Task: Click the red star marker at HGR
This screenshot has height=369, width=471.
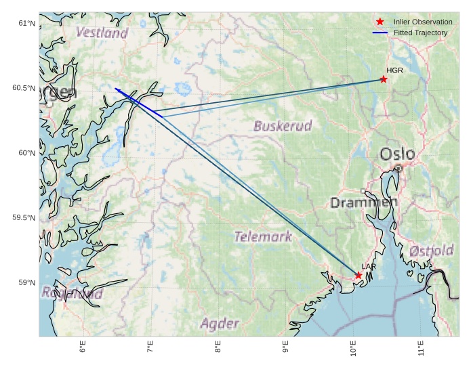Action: [x=384, y=79]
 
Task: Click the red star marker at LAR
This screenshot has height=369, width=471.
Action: [x=358, y=275]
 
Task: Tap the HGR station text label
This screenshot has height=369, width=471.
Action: [x=394, y=70]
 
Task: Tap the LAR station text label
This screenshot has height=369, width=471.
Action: [x=369, y=267]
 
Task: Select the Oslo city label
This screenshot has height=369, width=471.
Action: [x=397, y=154]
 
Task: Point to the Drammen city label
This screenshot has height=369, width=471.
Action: [x=364, y=202]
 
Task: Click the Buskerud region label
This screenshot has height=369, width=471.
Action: [x=283, y=126]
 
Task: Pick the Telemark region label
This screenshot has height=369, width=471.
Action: [x=263, y=236]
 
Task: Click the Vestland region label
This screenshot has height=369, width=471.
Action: [x=102, y=32]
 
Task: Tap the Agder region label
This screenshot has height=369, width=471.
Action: [x=220, y=324]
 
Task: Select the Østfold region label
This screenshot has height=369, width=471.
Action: [x=431, y=251]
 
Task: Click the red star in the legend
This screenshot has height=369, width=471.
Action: [x=380, y=22]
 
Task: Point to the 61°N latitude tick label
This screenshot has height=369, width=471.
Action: [x=26, y=24]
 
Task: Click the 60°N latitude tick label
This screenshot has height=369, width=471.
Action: [x=26, y=153]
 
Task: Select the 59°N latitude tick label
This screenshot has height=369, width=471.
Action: [x=26, y=282]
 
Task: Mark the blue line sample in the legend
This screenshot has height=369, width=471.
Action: [x=380, y=32]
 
